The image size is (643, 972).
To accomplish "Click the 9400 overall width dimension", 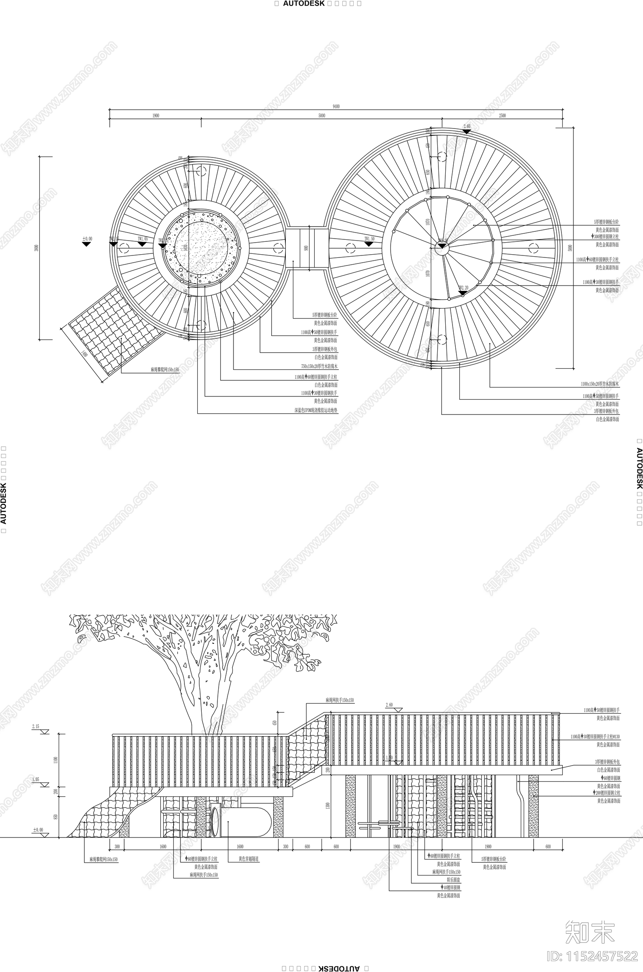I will point(336,106).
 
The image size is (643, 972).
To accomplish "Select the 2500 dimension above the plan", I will point(502,116).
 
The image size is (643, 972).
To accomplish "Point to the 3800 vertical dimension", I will point(37,248).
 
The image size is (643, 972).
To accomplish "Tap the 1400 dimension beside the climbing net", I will point(84,353).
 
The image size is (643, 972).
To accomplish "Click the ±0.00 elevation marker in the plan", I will point(87,239).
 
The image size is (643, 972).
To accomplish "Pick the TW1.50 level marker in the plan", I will point(369,239).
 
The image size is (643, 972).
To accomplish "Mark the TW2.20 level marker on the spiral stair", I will point(463,288).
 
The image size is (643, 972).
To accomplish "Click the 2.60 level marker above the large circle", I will point(467,127).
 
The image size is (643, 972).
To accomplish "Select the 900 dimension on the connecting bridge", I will point(306,248).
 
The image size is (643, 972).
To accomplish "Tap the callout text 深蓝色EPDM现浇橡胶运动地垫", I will point(316,410).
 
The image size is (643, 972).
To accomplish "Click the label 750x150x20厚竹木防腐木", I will point(319,366).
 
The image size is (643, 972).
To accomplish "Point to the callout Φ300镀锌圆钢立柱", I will point(605,237).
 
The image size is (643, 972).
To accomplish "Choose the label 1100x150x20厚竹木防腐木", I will point(600,384).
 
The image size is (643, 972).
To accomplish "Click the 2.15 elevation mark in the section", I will point(36,727).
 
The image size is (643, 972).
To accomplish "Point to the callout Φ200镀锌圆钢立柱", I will point(606,793).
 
